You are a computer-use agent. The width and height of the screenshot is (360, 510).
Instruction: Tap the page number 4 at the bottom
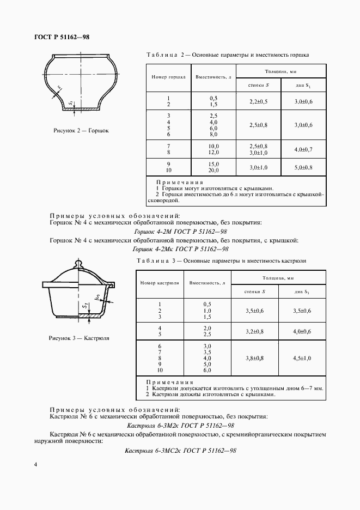click(x=35, y=465)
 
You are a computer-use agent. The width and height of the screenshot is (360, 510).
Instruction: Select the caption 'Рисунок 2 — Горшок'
click(x=81, y=131)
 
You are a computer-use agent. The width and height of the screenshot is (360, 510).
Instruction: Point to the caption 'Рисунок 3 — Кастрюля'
click(x=79, y=338)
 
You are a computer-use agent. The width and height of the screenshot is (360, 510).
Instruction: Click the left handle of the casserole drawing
click(x=48, y=284)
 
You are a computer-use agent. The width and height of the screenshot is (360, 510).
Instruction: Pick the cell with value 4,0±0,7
click(x=303, y=149)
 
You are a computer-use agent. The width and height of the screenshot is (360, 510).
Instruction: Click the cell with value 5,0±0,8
click(x=303, y=167)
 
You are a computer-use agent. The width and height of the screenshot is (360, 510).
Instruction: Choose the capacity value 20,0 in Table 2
click(x=213, y=171)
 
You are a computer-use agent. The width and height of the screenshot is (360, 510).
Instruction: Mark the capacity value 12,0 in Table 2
click(x=213, y=152)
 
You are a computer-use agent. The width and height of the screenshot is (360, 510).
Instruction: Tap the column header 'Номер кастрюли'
click(x=158, y=283)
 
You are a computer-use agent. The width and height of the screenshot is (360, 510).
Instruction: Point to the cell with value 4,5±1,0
click(x=302, y=359)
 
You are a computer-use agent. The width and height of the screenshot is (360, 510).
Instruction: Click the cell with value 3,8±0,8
click(x=255, y=359)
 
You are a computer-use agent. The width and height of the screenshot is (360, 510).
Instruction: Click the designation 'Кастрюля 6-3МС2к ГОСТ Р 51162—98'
click(x=180, y=451)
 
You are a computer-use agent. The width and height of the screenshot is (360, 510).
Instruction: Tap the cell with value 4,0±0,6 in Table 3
click(x=302, y=331)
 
